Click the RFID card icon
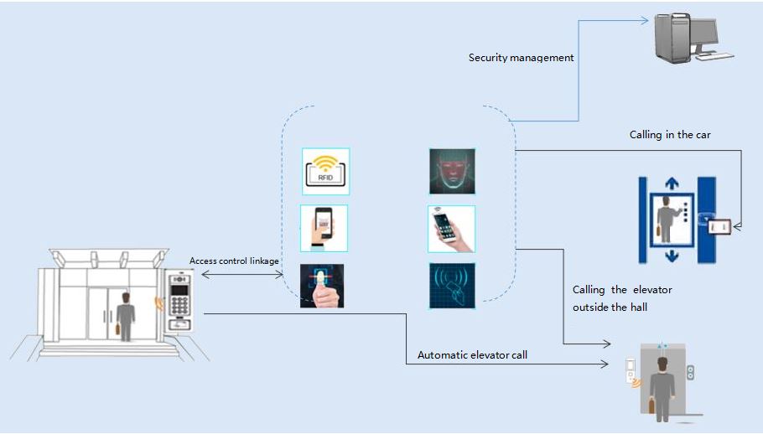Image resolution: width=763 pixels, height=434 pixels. tap(325, 171)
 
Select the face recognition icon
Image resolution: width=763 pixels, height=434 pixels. tap(452, 172)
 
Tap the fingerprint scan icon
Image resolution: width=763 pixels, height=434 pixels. tap(323, 286)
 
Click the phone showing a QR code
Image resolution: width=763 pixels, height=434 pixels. tap(324, 228)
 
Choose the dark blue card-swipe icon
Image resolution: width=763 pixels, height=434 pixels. tap(452, 285)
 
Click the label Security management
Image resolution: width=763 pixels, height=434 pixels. tap(521, 58)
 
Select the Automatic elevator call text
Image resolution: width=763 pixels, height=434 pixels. tap(473, 356)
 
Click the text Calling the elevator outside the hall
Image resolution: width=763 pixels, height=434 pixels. tap(621, 298)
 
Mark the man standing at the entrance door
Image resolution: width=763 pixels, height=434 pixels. tap(126, 315)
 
